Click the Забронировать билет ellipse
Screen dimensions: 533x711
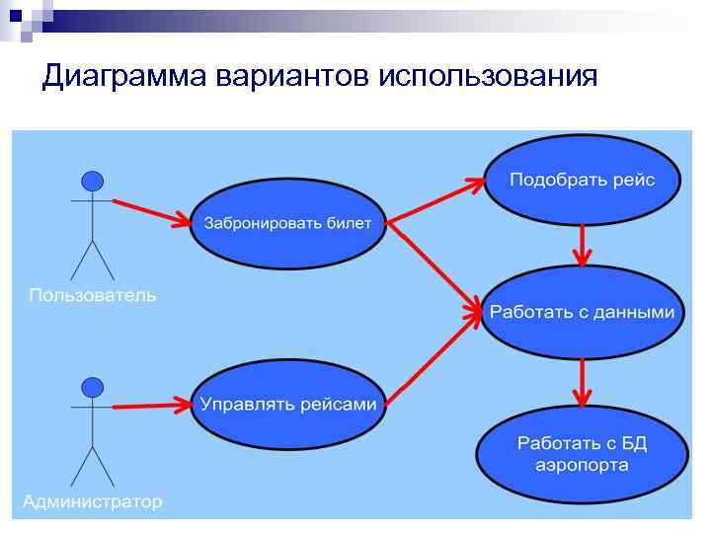[287, 223]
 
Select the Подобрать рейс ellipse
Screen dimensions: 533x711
[581, 180]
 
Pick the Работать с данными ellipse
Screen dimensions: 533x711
[583, 312]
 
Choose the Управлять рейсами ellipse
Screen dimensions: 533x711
[287, 405]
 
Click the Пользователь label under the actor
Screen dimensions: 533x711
[92, 295]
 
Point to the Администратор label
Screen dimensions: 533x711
[92, 501]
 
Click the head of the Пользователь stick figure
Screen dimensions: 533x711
[92, 181]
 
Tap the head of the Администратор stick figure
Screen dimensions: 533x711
[92, 385]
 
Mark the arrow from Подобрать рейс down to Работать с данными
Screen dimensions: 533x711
[583, 244]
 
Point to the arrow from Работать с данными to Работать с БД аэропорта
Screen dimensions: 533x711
[583, 380]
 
